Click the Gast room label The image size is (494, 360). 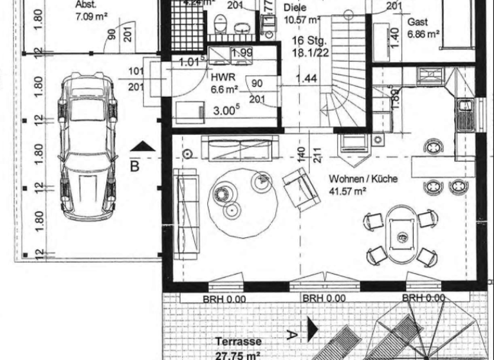(x=418, y=22)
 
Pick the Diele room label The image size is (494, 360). (x=295, y=9)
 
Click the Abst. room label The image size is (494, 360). (x=86, y=3)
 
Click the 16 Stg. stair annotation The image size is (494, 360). (x=307, y=40)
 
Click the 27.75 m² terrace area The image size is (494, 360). (x=237, y=354)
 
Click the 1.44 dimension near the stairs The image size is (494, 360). (x=307, y=80)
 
